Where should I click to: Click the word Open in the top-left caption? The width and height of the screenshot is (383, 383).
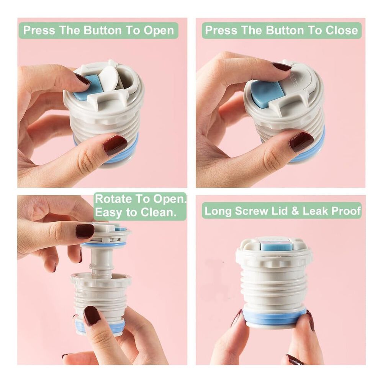point(159,30)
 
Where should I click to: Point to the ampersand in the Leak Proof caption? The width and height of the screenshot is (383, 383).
point(295,211)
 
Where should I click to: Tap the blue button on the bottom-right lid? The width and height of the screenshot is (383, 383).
point(277,245)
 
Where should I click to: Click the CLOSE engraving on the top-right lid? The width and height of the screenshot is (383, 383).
point(293,81)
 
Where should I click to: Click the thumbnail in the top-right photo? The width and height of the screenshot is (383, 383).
point(302,142)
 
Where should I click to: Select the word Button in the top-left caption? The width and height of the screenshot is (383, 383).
point(103,30)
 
